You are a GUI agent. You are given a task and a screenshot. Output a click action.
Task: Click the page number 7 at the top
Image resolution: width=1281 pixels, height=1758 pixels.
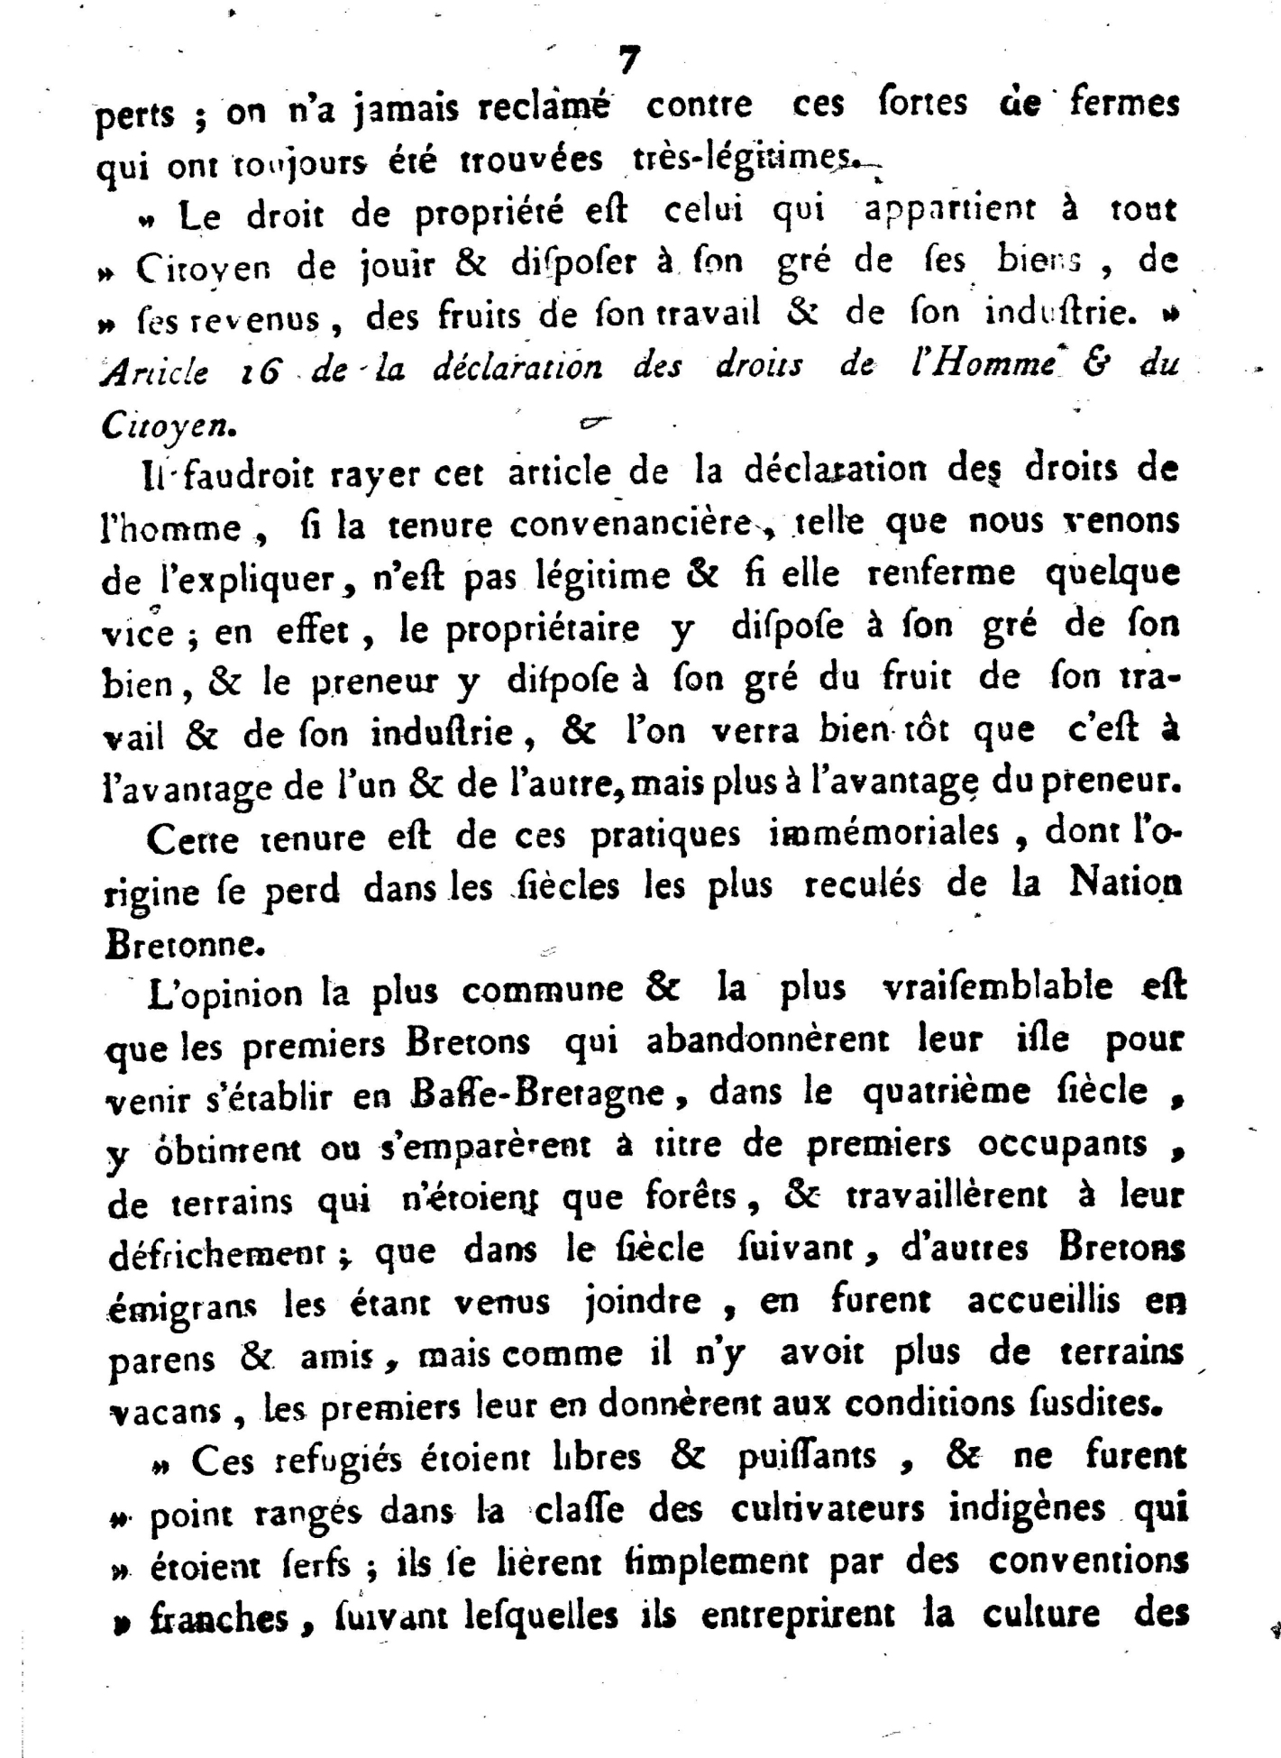pos(628,60)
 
